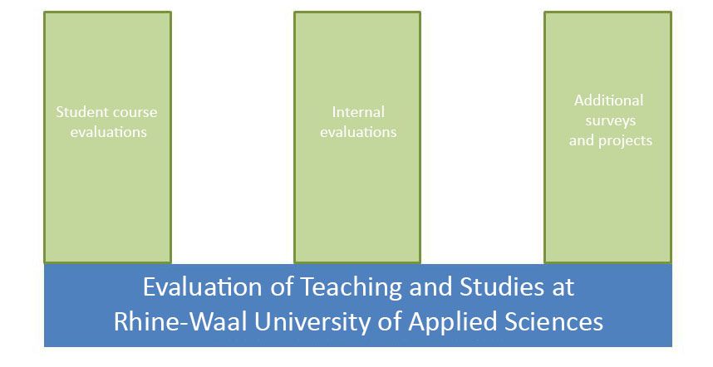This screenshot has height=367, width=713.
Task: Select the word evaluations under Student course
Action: point(109,132)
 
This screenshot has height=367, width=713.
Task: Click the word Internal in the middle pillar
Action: point(358,112)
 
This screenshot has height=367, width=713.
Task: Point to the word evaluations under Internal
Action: point(358,132)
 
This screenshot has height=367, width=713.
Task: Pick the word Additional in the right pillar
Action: point(608,100)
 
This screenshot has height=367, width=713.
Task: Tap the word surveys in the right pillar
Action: point(610,121)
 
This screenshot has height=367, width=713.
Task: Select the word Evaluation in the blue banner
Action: point(204,287)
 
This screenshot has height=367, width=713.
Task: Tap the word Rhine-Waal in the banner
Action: point(180,321)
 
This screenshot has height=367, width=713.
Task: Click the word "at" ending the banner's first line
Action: point(563,288)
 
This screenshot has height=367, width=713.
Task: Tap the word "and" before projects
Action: point(582,140)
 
